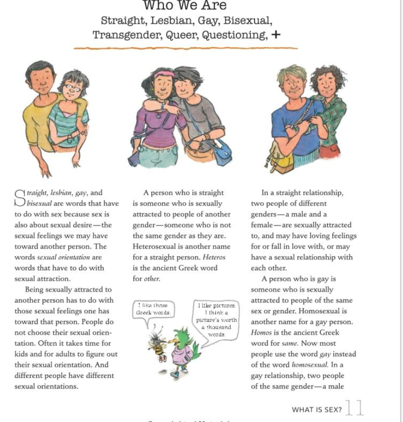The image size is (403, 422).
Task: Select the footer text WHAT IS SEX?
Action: [x=317, y=410]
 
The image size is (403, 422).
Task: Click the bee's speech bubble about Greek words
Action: [x=153, y=309]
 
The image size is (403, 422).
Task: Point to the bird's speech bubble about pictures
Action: [x=216, y=319]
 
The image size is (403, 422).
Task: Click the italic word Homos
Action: [x=261, y=333]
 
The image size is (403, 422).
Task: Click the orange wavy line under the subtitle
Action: [x=185, y=48]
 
